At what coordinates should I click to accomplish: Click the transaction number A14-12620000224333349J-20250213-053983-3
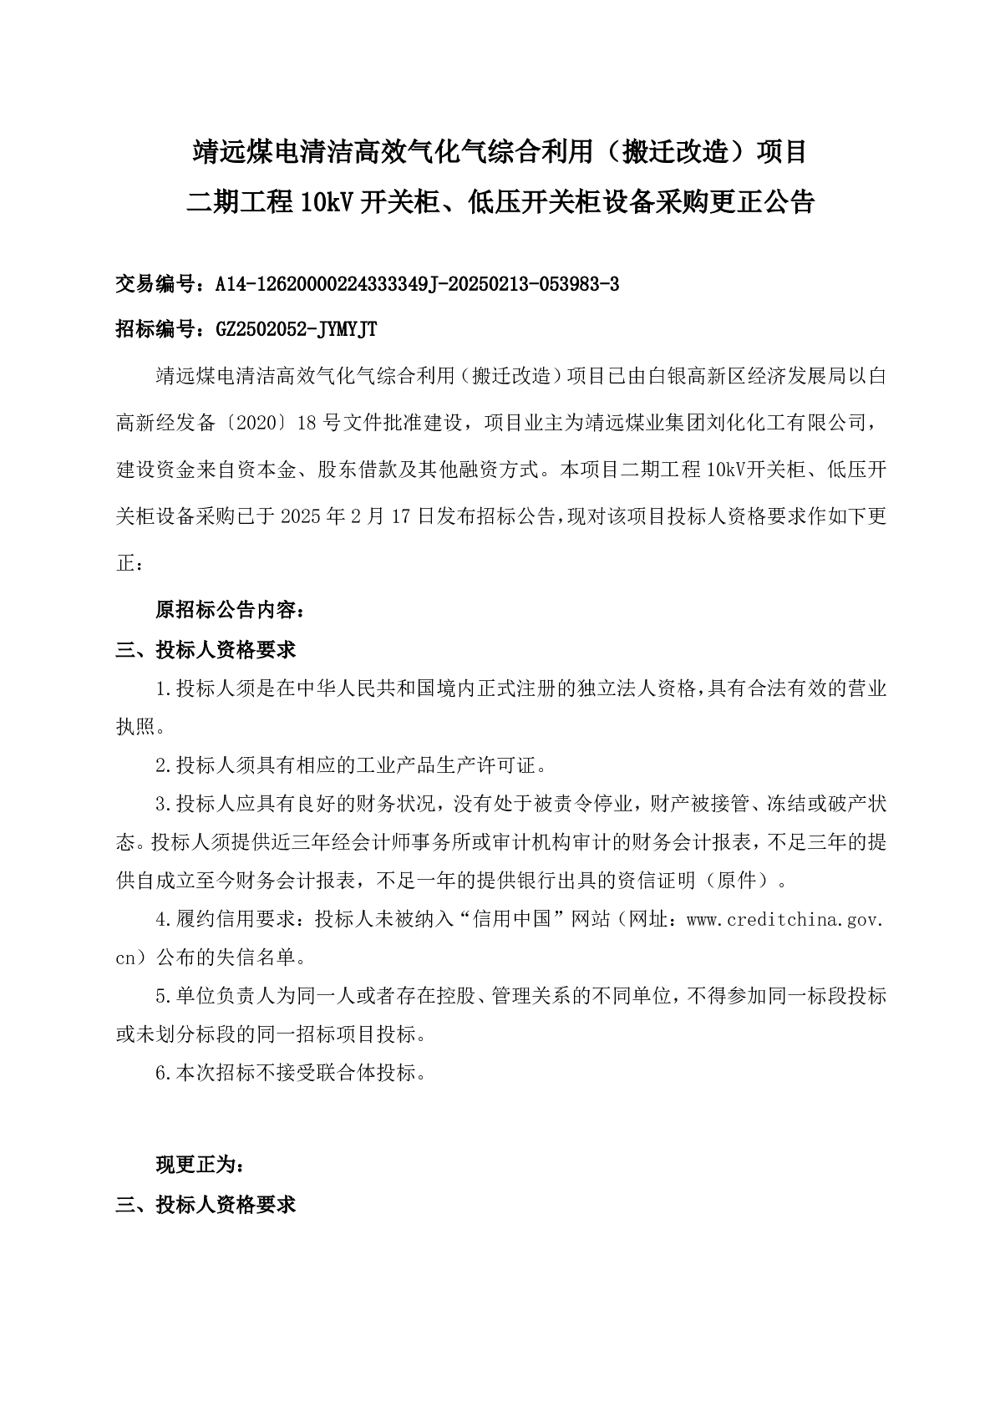click(x=417, y=285)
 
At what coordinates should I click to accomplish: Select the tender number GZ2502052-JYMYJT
click(x=296, y=330)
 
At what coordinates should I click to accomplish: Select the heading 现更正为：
click(x=201, y=1165)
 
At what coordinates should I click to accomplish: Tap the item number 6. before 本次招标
click(x=164, y=1074)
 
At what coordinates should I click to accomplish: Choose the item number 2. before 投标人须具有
click(x=164, y=764)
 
